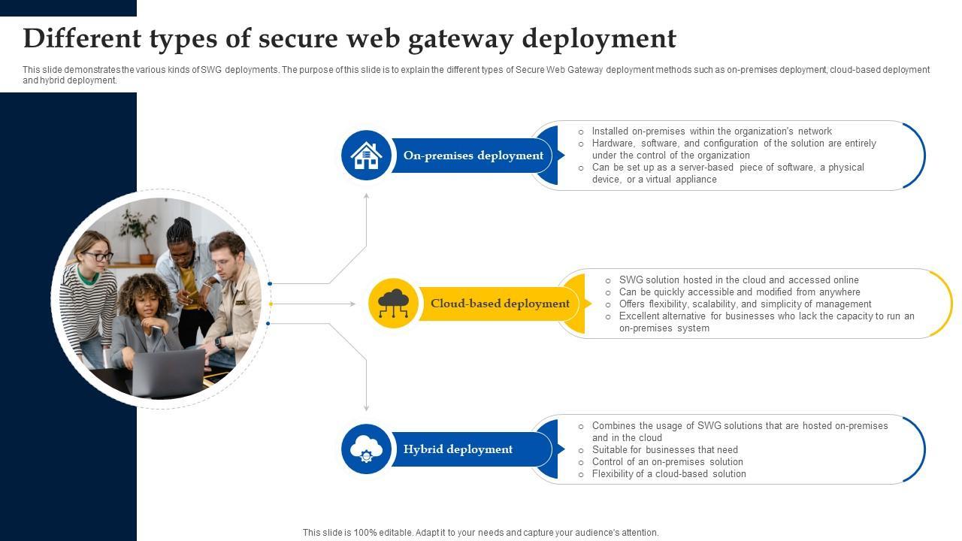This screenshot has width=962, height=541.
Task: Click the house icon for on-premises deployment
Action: coord(366,156)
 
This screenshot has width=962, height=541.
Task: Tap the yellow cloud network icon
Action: coord(393,304)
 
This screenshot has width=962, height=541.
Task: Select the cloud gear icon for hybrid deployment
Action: coord(366,449)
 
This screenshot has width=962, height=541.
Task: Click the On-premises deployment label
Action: coord(473,156)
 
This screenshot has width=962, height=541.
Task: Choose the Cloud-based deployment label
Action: coord(500,304)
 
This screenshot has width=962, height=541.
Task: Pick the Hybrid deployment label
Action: coord(458,449)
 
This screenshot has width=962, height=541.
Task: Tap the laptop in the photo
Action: coord(168,371)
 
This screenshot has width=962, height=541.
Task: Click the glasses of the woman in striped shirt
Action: coord(98,256)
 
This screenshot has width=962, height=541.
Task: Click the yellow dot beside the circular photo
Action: coord(270,304)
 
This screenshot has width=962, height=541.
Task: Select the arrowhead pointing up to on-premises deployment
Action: coord(367,196)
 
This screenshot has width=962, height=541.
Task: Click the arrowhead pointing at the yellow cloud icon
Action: coord(352,304)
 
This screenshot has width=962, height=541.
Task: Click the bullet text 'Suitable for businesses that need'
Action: coord(664,450)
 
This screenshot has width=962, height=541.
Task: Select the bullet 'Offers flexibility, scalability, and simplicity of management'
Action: coord(745,304)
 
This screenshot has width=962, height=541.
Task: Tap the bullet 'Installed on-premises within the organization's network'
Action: coord(711,131)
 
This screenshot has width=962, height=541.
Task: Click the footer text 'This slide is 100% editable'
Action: coord(480,533)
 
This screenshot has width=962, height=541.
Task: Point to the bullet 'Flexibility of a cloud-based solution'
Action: coord(669,474)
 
